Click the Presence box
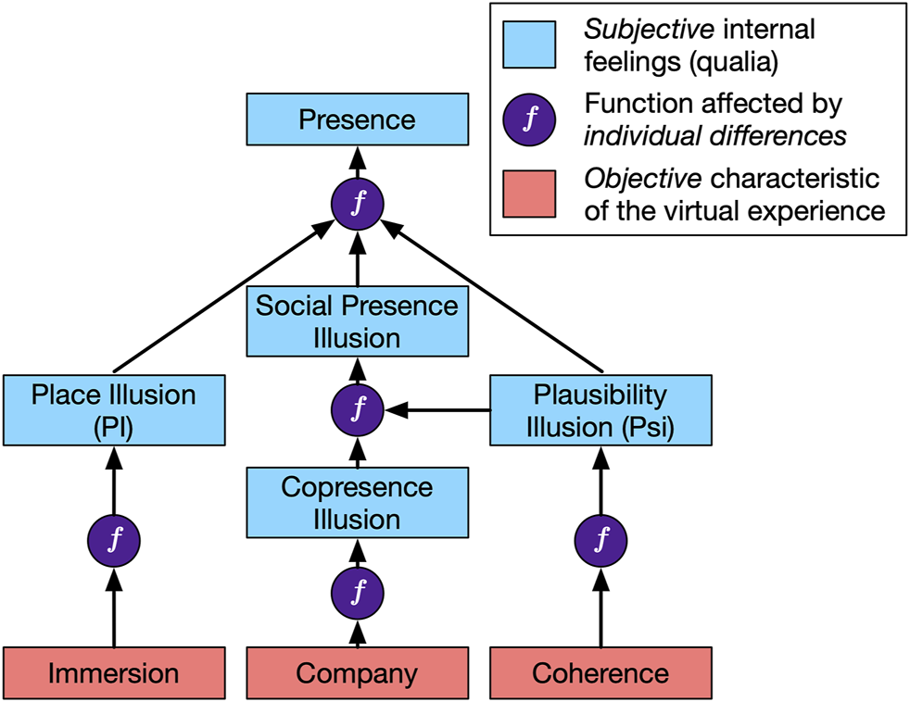(358, 119)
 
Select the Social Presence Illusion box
(358, 322)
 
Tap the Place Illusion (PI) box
(114, 410)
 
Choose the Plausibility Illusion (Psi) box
(600, 410)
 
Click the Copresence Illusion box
(358, 504)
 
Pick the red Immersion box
(114, 673)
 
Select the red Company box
(358, 673)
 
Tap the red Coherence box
(600, 673)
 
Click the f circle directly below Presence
(358, 203)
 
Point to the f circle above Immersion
(114, 538)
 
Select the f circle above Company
(358, 590)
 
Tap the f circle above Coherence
(600, 538)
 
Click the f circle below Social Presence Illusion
(358, 407)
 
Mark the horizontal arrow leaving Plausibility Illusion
(440, 407)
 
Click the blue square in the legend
(529, 44)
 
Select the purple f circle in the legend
(529, 120)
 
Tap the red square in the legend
(529, 194)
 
